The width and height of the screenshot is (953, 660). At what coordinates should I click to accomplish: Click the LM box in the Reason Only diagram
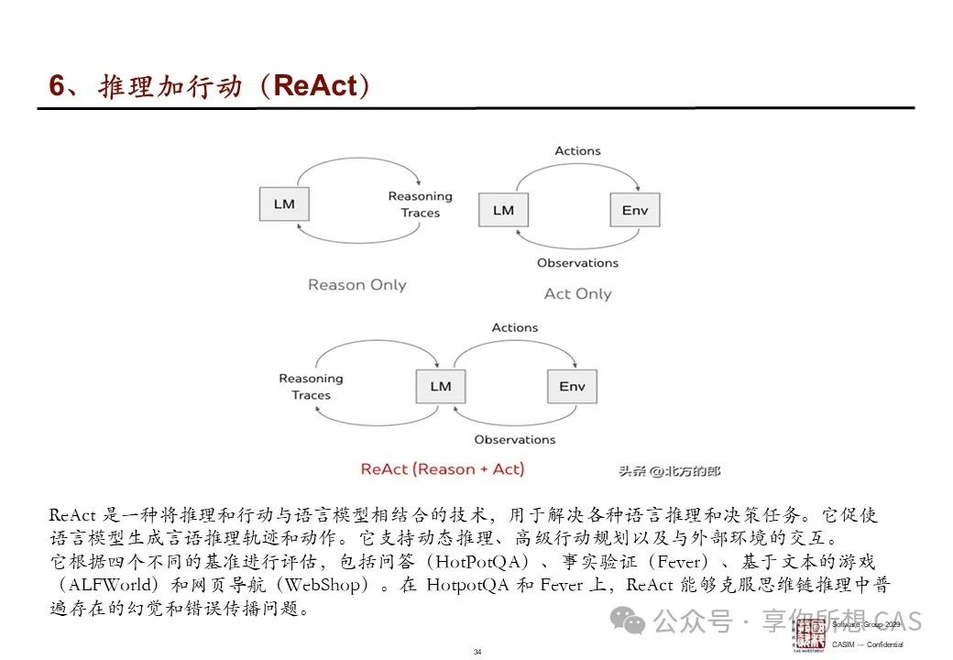click(x=284, y=203)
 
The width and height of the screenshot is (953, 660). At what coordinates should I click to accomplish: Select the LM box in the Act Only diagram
click(x=503, y=210)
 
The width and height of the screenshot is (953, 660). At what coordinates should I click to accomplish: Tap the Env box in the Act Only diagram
click(x=634, y=210)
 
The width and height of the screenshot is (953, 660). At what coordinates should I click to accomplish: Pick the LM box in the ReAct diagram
click(x=441, y=386)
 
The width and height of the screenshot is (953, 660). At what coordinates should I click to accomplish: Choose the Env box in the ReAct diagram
click(x=572, y=386)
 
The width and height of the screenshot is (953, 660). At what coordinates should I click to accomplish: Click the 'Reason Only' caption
click(x=356, y=285)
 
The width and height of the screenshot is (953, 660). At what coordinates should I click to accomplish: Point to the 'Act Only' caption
click(x=577, y=293)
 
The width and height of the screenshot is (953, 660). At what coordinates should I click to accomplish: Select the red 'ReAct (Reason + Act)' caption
click(x=443, y=469)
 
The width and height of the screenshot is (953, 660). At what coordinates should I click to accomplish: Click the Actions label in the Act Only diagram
click(x=577, y=151)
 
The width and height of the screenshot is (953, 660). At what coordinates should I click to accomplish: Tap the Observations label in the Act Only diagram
click(x=577, y=263)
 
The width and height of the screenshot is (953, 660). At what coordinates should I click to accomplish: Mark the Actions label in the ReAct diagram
click(x=515, y=328)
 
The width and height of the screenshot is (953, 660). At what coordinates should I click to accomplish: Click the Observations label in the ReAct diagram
click(x=515, y=440)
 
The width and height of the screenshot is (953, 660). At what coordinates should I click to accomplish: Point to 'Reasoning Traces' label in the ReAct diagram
click(x=311, y=387)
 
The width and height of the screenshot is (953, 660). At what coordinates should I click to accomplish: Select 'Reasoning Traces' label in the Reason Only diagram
click(x=420, y=204)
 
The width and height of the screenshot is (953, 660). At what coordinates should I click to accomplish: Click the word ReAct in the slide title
click(x=314, y=86)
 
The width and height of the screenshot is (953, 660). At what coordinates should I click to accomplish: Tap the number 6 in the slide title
click(x=58, y=86)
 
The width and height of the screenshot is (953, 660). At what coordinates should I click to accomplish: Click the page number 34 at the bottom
click(x=477, y=652)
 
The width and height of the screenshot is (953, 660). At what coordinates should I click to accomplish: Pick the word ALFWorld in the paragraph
click(x=109, y=586)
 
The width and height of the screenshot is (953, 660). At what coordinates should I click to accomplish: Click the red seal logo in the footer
click(x=810, y=635)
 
